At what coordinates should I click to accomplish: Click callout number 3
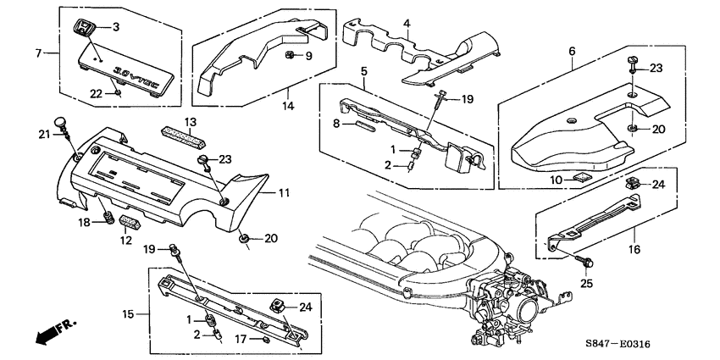coord(116,27)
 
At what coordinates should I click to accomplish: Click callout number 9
coord(309,56)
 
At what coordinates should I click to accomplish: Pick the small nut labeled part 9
coord(289,56)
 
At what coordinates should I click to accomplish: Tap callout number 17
coord(241,340)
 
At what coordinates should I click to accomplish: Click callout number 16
coord(634,250)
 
